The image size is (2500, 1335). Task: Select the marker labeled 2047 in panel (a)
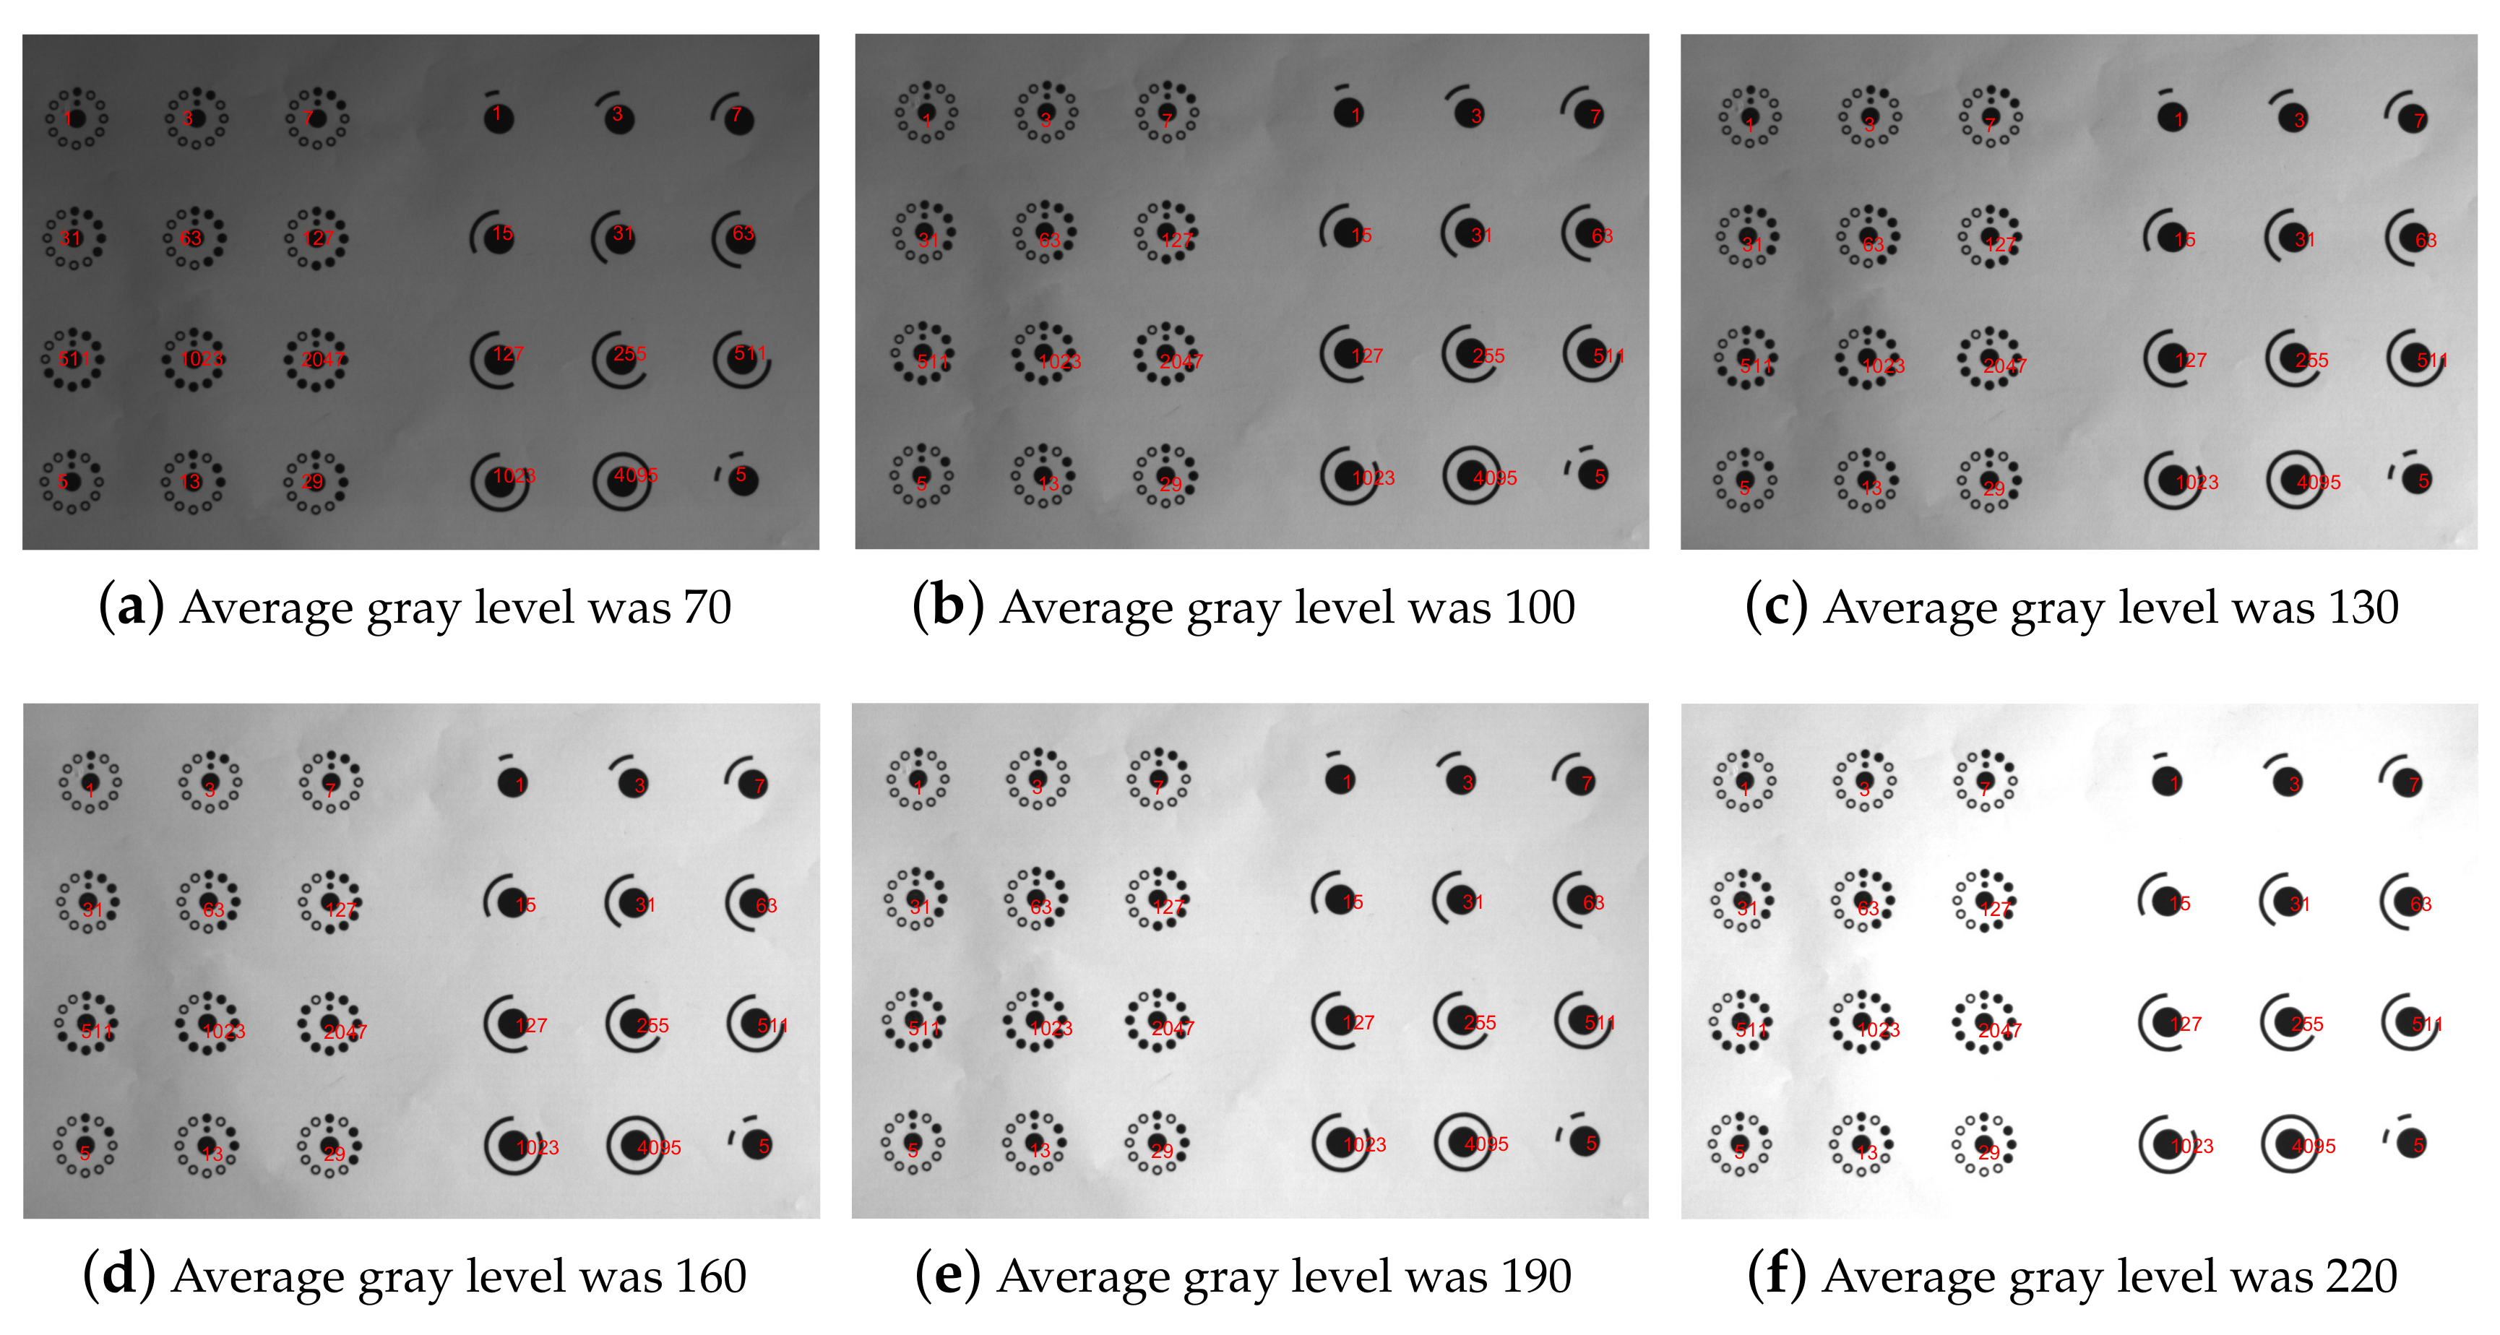pos(316,359)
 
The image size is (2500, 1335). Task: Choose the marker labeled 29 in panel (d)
pos(330,1146)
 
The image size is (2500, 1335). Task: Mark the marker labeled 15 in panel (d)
pos(512,902)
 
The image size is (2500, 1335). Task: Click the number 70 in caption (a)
pos(707,608)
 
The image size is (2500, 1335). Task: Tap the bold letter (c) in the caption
pos(1775,608)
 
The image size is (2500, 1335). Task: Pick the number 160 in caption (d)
pos(712,1276)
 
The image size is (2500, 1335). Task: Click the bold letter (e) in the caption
pos(947,1276)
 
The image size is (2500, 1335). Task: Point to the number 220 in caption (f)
pos(2361,1276)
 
